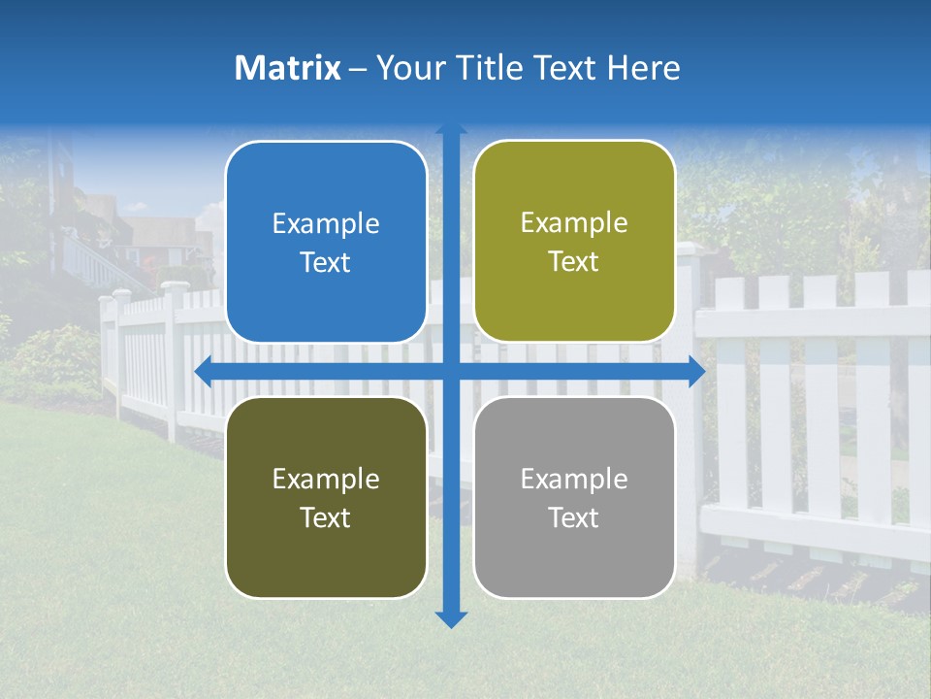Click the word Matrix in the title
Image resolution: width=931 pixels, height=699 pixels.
click(287, 68)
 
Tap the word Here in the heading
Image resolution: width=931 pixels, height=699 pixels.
click(643, 68)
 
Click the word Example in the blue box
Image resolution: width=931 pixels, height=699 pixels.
click(326, 224)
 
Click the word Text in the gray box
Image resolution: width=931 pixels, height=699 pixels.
click(574, 517)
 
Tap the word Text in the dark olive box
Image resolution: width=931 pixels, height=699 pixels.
click(326, 517)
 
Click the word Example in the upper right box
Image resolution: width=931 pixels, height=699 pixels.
click(574, 223)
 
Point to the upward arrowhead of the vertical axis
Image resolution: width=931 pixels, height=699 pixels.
click(451, 128)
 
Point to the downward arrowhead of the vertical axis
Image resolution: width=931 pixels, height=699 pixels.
click(451, 619)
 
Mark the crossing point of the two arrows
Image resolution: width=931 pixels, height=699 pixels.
click(451, 371)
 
